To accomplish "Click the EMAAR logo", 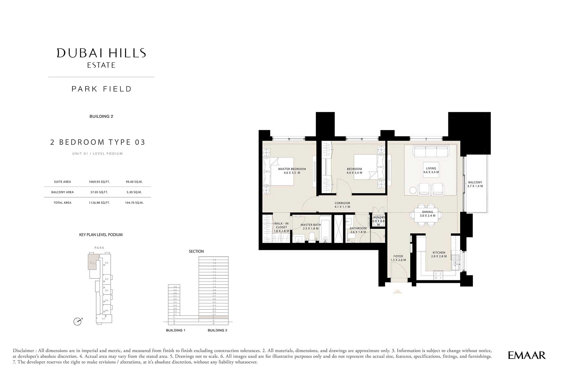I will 526,355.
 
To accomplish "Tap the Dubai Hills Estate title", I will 101,57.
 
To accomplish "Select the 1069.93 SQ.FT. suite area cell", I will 99,182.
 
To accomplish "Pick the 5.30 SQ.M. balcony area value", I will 134,192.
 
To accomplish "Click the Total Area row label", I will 62,203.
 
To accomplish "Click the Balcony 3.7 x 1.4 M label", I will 475,184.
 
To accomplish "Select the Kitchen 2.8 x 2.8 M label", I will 439,254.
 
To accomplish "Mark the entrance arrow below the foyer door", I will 397,292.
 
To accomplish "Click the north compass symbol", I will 77,321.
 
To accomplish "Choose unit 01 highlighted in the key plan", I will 92,263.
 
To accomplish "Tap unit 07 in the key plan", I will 104,319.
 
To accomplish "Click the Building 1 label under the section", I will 176,330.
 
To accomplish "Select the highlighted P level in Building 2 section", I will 213,317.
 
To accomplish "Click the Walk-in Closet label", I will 281,227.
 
